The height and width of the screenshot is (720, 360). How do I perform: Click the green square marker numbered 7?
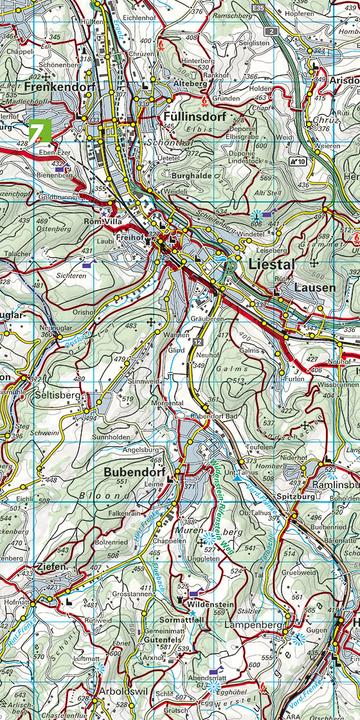pyautogui.click(x=39, y=132)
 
